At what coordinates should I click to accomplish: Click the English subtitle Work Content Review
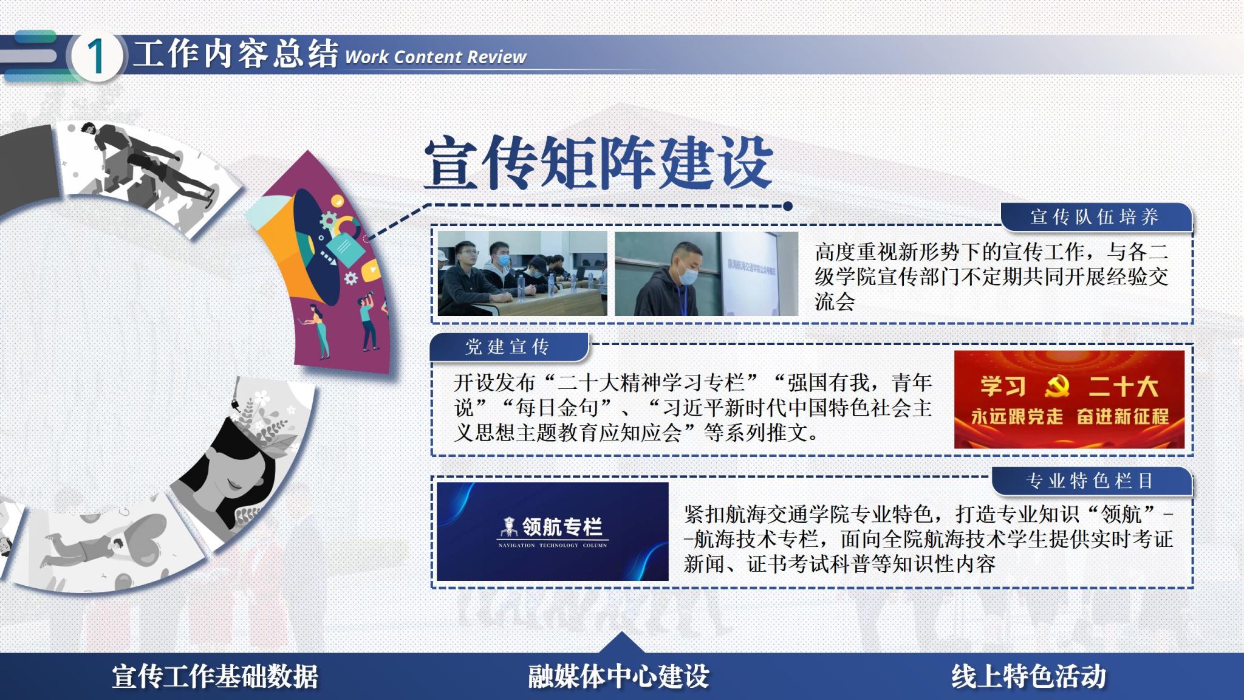click(436, 57)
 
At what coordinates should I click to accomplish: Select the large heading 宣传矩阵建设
click(598, 162)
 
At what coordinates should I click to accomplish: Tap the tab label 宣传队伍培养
click(1095, 217)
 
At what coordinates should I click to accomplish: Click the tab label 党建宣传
click(507, 347)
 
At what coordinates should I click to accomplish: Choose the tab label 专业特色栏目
click(1090, 481)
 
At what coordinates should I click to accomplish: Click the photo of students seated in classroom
click(522, 273)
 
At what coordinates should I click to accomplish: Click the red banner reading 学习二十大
click(1069, 399)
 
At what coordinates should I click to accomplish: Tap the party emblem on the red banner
click(1058, 386)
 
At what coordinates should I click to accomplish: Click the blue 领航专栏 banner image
click(552, 531)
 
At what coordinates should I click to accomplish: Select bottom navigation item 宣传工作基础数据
click(215, 677)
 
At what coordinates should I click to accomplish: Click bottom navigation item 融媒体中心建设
click(618, 677)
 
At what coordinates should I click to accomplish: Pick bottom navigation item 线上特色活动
click(1028, 677)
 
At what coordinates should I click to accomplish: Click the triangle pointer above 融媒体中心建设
click(620, 643)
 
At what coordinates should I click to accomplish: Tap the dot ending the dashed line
click(788, 206)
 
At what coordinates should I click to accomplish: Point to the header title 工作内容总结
click(236, 54)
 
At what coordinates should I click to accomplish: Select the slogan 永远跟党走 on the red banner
click(1017, 417)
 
